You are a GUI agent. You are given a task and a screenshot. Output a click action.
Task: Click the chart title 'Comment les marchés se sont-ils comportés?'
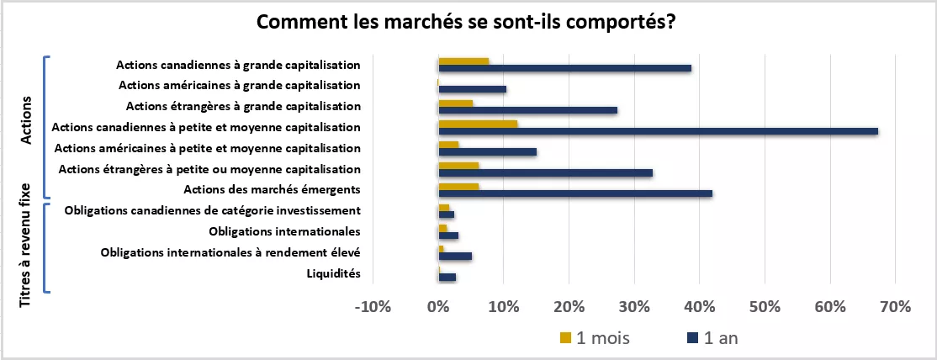tap(467, 23)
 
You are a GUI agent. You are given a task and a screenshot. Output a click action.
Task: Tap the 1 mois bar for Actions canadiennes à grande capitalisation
tap(463, 61)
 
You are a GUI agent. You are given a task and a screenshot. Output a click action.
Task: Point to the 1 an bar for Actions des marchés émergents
tap(575, 193)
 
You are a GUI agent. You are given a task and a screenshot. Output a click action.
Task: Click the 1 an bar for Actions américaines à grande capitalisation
tap(472, 89)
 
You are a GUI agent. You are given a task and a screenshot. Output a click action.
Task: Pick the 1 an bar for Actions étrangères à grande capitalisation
tap(527, 110)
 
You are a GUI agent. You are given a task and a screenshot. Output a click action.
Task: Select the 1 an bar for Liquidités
tap(447, 277)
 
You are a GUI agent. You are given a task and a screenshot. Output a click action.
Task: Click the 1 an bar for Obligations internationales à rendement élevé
tap(455, 256)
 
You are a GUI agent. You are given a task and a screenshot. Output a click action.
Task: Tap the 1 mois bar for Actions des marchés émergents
tap(458, 186)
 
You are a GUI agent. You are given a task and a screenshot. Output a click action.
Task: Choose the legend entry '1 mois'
tap(595, 338)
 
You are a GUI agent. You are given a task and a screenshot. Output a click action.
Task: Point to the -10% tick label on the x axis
tap(373, 307)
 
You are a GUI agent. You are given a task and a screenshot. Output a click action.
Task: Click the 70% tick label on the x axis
tap(895, 307)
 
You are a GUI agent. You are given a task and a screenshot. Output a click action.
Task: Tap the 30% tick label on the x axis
tap(634, 307)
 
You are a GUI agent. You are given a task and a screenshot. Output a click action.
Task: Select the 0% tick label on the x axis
tap(438, 307)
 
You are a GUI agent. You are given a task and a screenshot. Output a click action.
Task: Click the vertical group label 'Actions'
tap(26, 120)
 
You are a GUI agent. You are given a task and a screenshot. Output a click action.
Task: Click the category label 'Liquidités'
tap(335, 273)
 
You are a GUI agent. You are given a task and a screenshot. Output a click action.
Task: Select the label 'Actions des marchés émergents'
tap(272, 189)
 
